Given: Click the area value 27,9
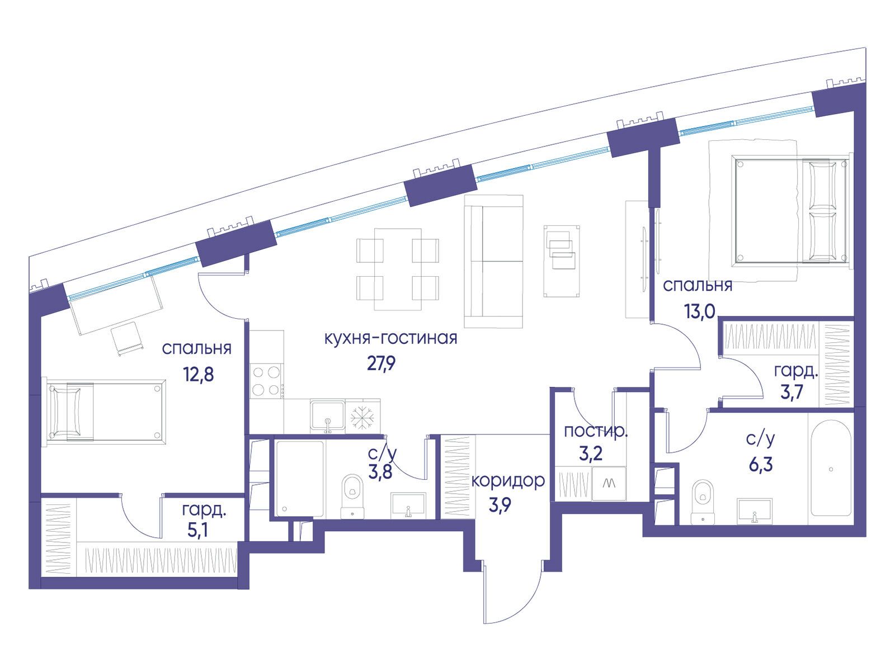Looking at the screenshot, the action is (381, 363).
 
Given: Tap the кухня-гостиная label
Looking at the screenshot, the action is (390, 338).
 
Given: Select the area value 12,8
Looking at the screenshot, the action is (199, 374).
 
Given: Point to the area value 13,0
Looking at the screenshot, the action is (700, 313).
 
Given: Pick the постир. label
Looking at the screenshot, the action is (595, 431).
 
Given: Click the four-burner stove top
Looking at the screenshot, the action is (267, 381).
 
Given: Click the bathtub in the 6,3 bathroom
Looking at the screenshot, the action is (831, 469).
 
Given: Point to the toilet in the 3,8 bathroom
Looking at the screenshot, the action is (352, 496).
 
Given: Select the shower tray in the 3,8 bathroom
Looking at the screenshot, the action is (300, 479).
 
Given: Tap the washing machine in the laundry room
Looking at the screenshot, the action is (609, 483).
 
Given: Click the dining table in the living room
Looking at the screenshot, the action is (398, 270).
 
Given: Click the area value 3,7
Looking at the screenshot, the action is (792, 391).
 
